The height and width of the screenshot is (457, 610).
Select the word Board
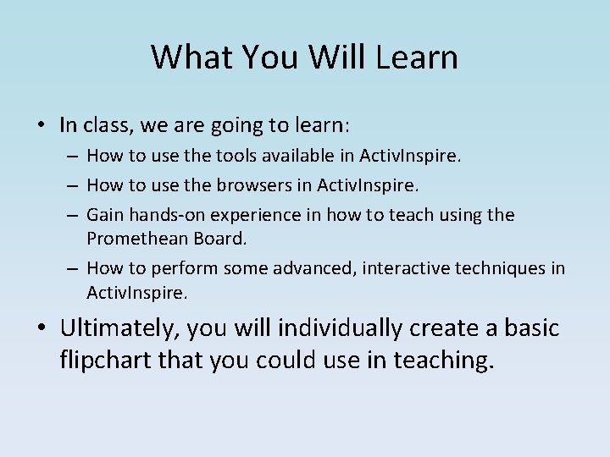pos(219,239)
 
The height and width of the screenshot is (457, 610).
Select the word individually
pos(343,328)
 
